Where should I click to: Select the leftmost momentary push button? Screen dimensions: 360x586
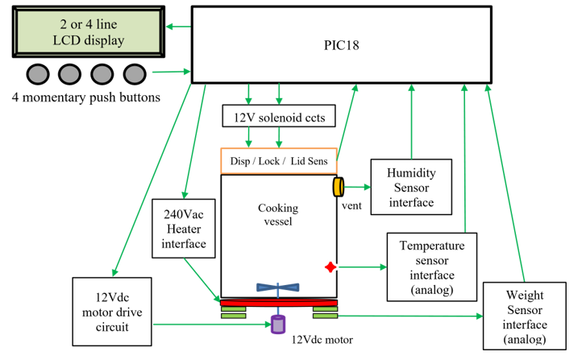click(37, 73)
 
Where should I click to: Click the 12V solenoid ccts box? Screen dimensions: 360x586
click(278, 118)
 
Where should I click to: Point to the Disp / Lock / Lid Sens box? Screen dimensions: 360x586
click(278, 161)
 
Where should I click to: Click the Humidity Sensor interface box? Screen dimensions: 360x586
click(411, 188)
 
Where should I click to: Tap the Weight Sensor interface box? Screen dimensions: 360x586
click(526, 316)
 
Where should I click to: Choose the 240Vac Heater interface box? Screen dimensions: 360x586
click(185, 229)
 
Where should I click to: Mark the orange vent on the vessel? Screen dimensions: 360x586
click(338, 187)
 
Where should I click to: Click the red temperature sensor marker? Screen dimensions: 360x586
click(330, 267)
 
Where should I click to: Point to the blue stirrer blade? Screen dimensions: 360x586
click(278, 287)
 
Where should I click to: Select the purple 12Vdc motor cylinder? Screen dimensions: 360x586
click(278, 325)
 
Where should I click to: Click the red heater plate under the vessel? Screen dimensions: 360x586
click(278, 303)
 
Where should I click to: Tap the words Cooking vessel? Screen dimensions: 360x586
click(278, 215)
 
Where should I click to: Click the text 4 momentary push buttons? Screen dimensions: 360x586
click(86, 97)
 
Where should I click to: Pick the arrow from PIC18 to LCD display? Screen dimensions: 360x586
click(178, 27)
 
